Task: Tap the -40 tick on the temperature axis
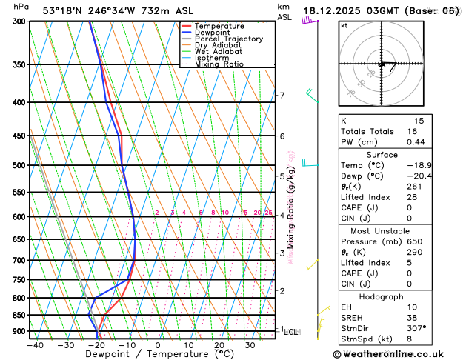35,345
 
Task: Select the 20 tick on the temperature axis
219,345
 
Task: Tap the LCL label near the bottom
290,333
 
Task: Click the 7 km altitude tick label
282,96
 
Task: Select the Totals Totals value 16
413,131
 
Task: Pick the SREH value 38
413,318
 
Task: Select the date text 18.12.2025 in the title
342,10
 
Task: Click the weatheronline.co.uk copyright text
397,353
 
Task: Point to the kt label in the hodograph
344,25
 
